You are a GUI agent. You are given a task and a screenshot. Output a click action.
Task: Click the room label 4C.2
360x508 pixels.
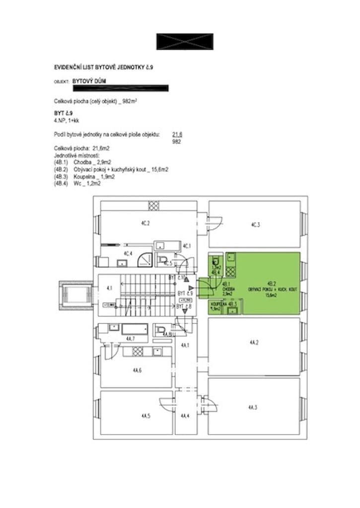pyautogui.click(x=145, y=223)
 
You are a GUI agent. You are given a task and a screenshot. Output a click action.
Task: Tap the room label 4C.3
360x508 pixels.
pyautogui.click(x=255, y=224)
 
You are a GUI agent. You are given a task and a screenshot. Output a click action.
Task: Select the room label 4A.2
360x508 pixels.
pyautogui.click(x=254, y=342)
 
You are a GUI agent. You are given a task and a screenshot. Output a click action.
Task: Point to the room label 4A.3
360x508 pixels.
pyautogui.click(x=253, y=407)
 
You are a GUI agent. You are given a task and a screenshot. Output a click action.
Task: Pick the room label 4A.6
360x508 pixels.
pyautogui.click(x=138, y=370)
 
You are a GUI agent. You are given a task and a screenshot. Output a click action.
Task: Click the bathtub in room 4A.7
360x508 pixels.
pyautogui.click(x=135, y=329)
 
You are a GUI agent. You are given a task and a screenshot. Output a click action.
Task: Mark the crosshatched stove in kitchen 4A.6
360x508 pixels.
pyautogui.click(x=138, y=351)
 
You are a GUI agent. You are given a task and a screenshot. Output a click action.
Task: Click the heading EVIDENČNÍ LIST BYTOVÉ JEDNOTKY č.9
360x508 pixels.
pyautogui.click(x=103, y=66)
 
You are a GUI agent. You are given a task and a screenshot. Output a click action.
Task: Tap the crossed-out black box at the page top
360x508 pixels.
pyautogui.click(x=185, y=42)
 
